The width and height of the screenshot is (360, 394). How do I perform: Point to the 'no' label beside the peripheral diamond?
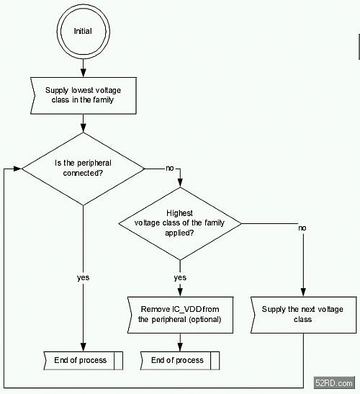[170, 168]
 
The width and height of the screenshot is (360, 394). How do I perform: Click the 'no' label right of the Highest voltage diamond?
[302, 228]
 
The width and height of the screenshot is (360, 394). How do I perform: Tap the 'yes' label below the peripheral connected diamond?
[83, 277]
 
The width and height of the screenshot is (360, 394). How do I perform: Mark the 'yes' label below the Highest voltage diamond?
[180, 277]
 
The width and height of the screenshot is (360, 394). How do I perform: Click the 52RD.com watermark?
[334, 383]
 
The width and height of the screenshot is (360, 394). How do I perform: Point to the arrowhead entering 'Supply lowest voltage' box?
[83, 72]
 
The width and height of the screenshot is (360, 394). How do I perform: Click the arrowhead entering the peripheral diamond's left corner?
[17, 169]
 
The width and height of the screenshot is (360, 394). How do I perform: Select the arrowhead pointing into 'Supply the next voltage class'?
[303, 292]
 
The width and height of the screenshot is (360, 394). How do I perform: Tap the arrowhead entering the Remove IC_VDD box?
[180, 292]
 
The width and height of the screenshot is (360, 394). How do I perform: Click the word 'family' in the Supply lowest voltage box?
[103, 100]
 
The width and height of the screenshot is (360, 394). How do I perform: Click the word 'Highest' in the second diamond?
[179, 213]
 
